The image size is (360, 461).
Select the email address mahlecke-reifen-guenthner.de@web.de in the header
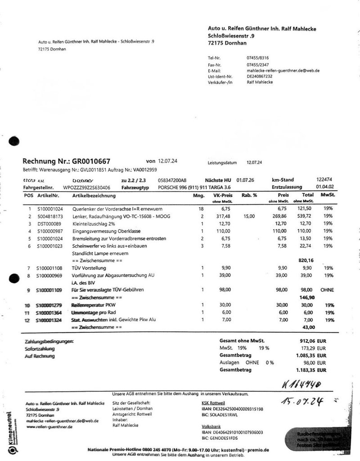pyautogui.click(x=283, y=71)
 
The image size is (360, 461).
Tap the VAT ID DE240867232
pyautogui.click(x=260, y=76)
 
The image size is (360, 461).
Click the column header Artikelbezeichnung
pyautogui.click(x=94, y=196)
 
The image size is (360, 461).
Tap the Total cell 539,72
pyautogui.click(x=307, y=216)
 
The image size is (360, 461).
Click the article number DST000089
pyautogui.click(x=50, y=224)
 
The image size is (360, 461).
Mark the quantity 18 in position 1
pyautogui.click(x=201, y=209)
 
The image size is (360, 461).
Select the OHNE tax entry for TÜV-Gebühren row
pyautogui.click(x=327, y=290)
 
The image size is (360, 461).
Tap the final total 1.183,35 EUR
pyautogui.click(x=310, y=370)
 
